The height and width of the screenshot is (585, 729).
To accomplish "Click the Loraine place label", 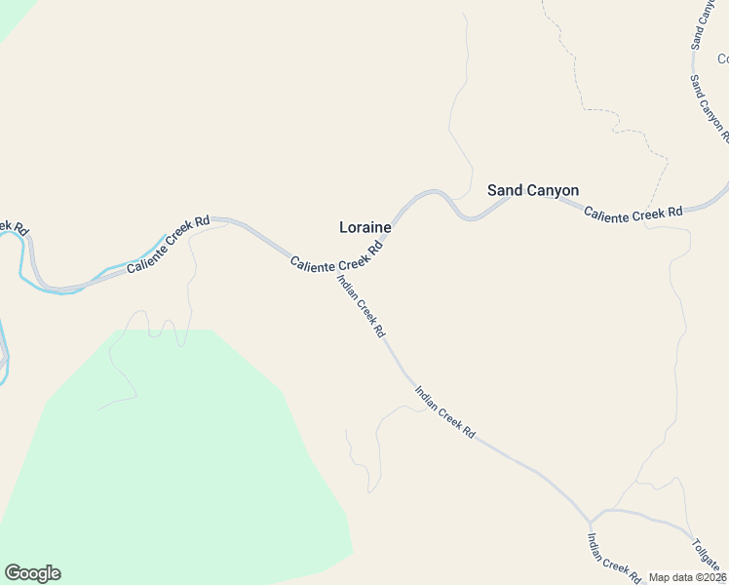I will (364, 227).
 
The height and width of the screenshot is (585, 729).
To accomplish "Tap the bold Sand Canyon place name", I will (533, 190).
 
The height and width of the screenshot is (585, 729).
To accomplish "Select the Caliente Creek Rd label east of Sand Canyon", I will (633, 212).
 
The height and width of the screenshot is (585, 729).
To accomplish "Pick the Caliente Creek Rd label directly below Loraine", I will (336, 255).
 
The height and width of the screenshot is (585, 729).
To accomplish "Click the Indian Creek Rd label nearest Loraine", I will (361, 306).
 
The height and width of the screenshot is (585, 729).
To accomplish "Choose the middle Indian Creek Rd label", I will (444, 410).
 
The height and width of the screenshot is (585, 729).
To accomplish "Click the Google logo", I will (32, 573).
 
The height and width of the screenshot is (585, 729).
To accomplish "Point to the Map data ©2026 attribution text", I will (688, 577).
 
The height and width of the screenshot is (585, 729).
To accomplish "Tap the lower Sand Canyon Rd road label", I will (709, 107).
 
